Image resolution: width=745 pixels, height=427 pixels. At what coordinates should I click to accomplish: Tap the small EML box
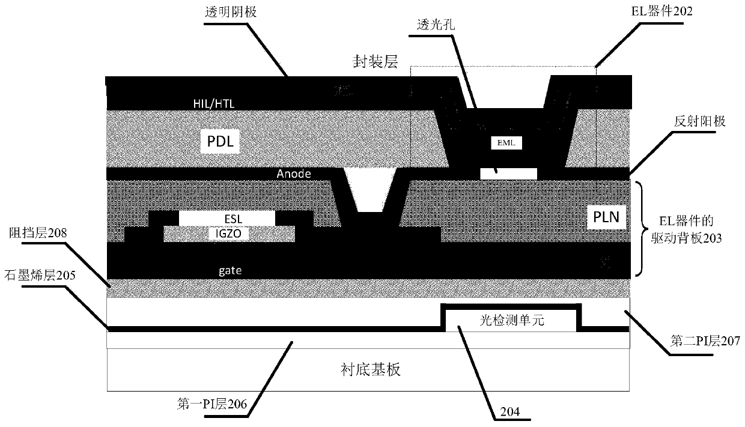click(506, 144)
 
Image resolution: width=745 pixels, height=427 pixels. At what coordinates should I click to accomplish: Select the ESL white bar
click(227, 219)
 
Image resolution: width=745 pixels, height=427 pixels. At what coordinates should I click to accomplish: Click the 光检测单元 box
click(511, 322)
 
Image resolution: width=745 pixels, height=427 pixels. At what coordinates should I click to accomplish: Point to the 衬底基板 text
click(368, 369)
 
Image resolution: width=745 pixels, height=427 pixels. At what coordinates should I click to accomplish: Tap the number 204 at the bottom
click(508, 412)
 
